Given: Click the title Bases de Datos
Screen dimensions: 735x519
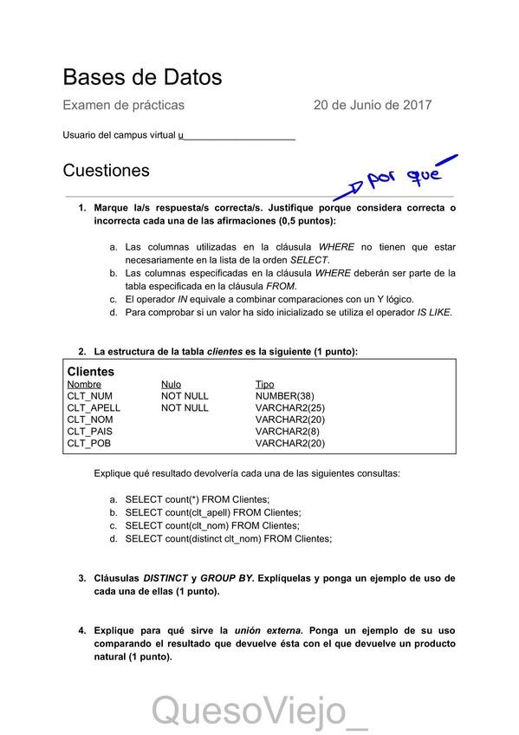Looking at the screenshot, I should pyautogui.click(x=142, y=77).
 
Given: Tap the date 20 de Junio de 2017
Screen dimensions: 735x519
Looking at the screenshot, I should pyautogui.click(x=373, y=106).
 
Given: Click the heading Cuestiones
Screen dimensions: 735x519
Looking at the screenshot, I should pyautogui.click(x=106, y=171).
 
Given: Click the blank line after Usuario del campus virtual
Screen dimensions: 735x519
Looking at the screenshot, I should pyautogui.click(x=238, y=137).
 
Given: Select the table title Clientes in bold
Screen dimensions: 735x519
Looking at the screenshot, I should pyautogui.click(x=91, y=371).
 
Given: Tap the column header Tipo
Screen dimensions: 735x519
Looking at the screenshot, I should pyautogui.click(x=264, y=384).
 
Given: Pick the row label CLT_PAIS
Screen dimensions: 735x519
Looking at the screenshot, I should pyautogui.click(x=89, y=431).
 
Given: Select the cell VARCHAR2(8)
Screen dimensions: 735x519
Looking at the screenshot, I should pyautogui.click(x=288, y=431).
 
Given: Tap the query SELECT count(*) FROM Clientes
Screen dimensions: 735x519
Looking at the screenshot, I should pyautogui.click(x=198, y=499).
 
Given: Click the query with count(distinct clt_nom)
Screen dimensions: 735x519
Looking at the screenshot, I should pyautogui.click(x=228, y=538).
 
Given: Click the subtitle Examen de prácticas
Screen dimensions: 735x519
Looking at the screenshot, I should pyautogui.click(x=123, y=106).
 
